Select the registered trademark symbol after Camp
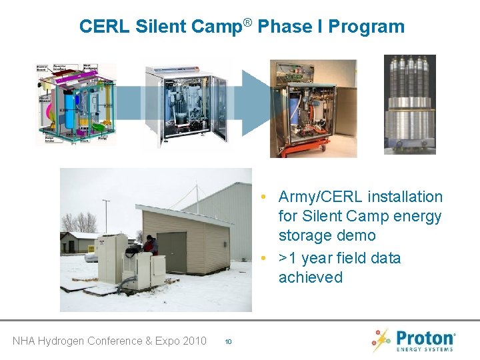click(x=247, y=23)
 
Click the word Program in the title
click(x=367, y=27)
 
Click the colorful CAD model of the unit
click(x=75, y=104)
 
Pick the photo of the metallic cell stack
click(x=409, y=105)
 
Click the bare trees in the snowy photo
click(x=79, y=221)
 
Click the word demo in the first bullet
click(x=356, y=235)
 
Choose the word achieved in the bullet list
click(x=310, y=277)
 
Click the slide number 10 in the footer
click(x=228, y=341)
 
